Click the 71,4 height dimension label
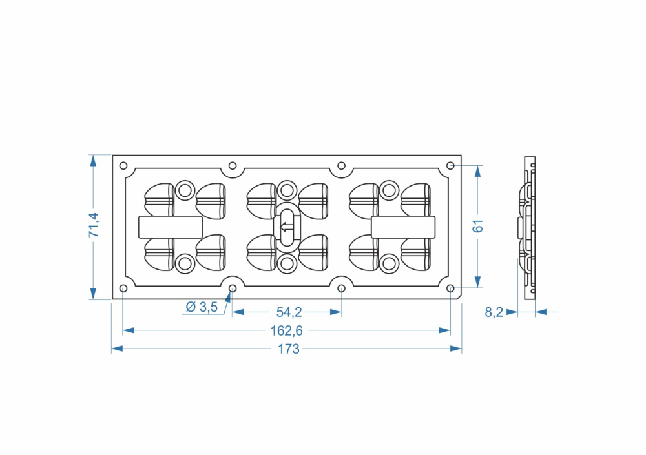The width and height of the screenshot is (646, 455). click(x=94, y=225)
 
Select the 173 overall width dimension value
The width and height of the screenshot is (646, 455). click(x=288, y=349)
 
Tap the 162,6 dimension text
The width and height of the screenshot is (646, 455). click(x=286, y=330)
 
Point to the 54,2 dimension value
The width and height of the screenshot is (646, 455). click(x=289, y=312)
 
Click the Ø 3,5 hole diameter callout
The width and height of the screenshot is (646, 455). click(x=202, y=307)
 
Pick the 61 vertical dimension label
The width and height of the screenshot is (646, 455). click(x=477, y=226)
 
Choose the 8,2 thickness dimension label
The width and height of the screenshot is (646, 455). click(x=494, y=312)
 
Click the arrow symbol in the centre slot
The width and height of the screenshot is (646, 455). click(x=287, y=227)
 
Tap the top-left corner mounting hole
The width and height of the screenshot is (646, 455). click(x=123, y=166)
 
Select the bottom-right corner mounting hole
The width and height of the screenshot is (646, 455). click(x=450, y=288)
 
